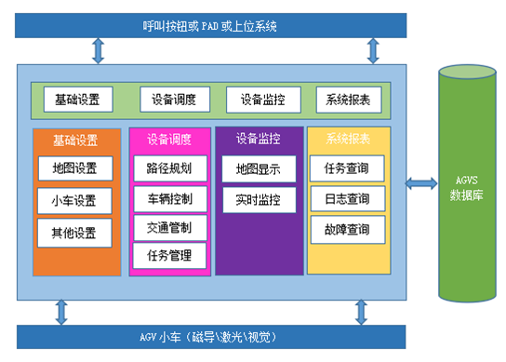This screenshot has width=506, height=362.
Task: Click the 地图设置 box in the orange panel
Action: pyautogui.click(x=75, y=169)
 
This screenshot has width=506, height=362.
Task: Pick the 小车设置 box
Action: pyautogui.click(x=75, y=200)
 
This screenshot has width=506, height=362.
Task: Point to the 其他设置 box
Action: pyautogui.click(x=75, y=231)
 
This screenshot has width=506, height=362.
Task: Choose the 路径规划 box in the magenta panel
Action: pyautogui.click(x=168, y=168)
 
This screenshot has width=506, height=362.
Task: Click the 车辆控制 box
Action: pyautogui.click(x=168, y=198)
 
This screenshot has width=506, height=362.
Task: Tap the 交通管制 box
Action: pyautogui.click(x=168, y=226)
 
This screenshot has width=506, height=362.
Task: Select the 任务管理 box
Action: pyautogui.click(x=168, y=254)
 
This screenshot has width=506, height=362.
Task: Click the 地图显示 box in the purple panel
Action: pyautogui.click(x=258, y=169)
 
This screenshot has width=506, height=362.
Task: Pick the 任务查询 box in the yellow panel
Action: pyautogui.click(x=347, y=169)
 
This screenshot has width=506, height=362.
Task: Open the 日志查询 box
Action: pyautogui.click(x=347, y=199)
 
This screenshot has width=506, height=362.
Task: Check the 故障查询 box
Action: pyautogui.click(x=347, y=229)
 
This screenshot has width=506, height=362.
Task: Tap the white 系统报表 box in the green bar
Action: pyautogui.click(x=348, y=100)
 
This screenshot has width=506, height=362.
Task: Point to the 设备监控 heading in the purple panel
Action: pyautogui.click(x=258, y=139)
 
